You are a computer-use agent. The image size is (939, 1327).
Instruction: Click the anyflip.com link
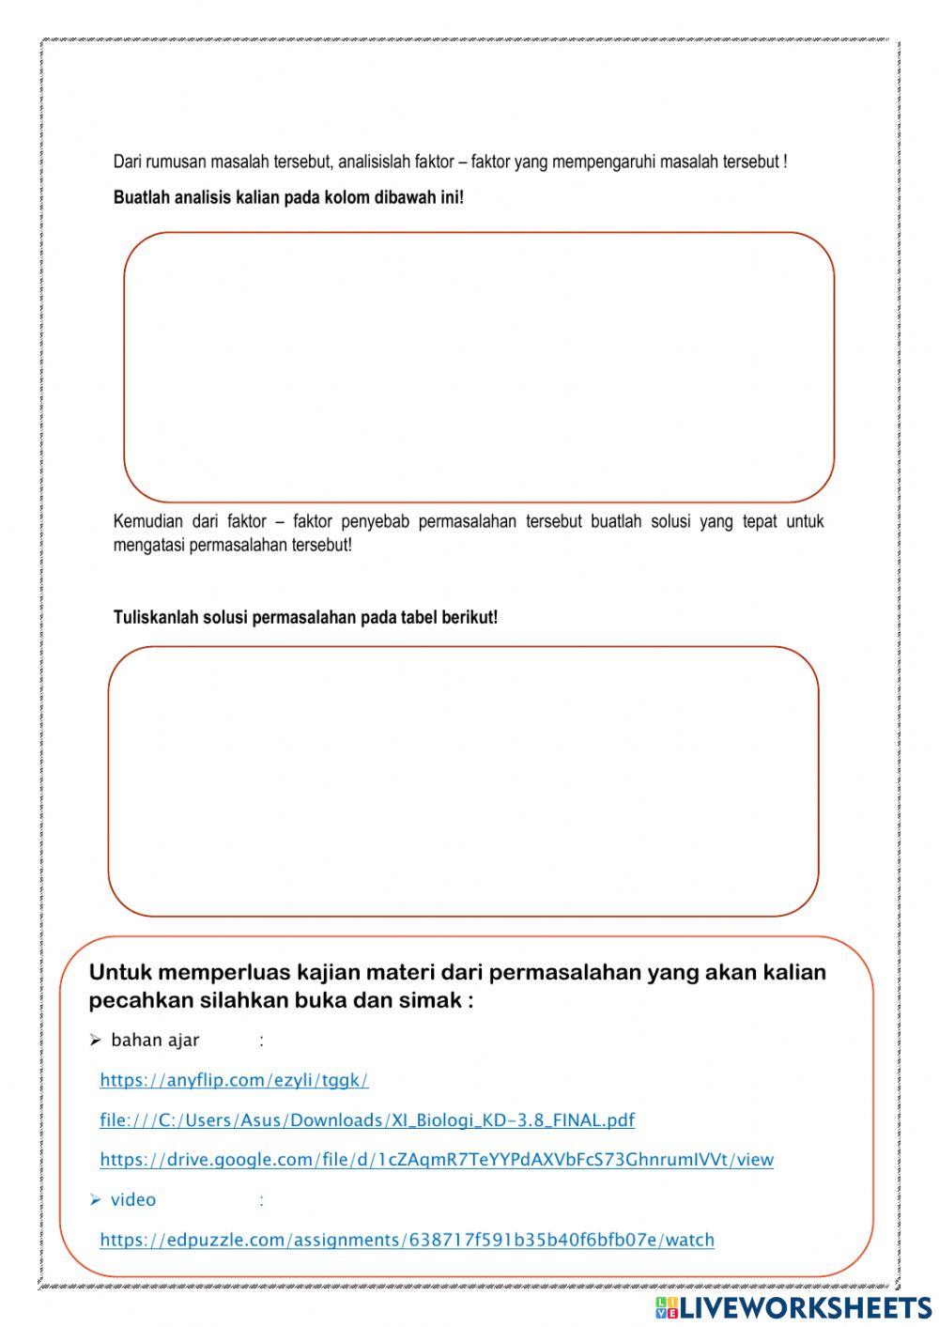(x=234, y=1080)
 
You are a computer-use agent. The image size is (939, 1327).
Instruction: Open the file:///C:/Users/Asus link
(x=367, y=1120)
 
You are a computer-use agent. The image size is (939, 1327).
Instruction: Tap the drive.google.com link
(x=437, y=1160)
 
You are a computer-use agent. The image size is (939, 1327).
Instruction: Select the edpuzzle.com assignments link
(x=407, y=1241)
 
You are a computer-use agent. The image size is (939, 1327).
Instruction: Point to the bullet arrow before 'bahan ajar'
(x=95, y=1041)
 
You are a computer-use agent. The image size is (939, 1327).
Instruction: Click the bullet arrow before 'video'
(x=95, y=1200)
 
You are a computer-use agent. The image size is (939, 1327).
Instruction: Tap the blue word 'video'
(x=133, y=1200)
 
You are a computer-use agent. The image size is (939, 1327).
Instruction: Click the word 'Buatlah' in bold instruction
(x=141, y=198)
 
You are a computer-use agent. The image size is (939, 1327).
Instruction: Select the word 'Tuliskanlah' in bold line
(x=155, y=618)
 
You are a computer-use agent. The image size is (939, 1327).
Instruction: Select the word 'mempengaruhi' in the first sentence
(x=604, y=162)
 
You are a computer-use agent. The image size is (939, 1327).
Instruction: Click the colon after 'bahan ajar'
(x=261, y=1041)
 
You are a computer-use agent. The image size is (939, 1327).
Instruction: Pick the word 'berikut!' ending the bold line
(x=470, y=618)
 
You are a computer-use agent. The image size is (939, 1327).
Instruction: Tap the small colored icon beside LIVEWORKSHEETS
(x=667, y=1307)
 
